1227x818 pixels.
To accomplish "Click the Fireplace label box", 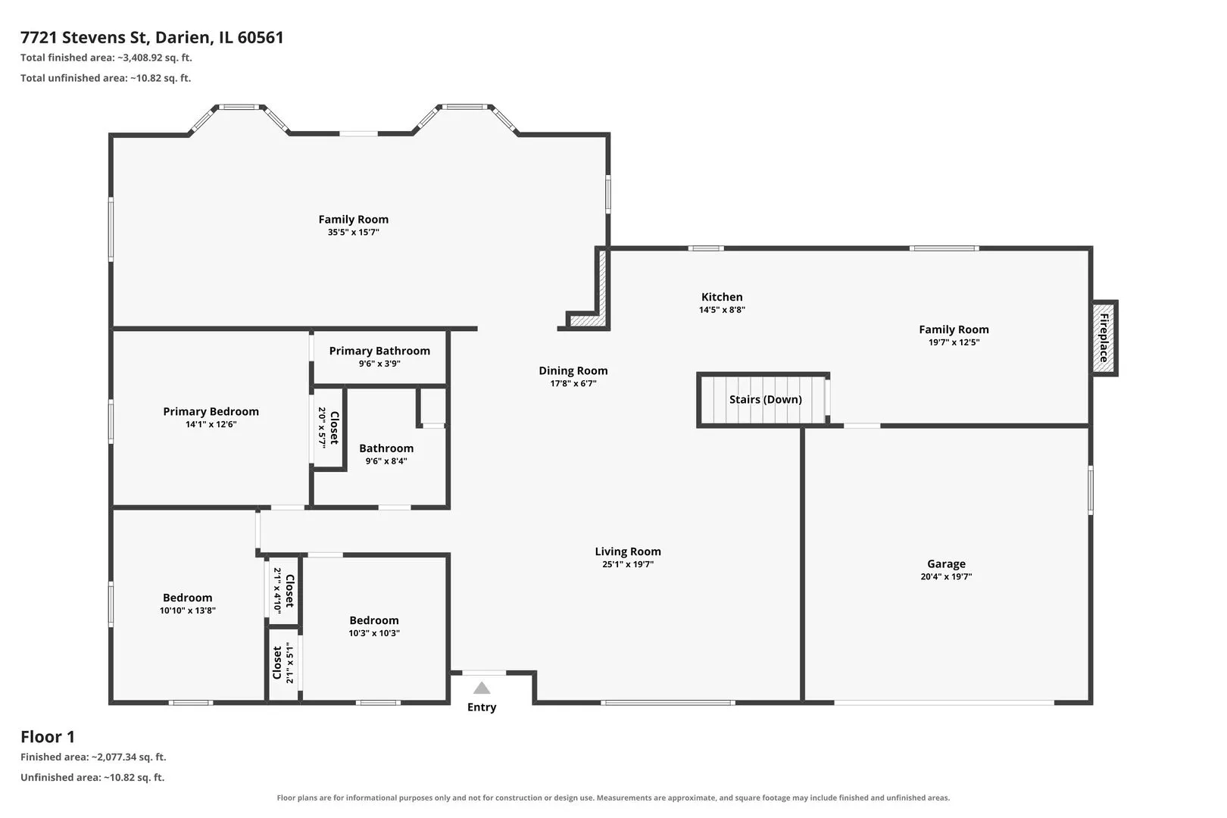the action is coord(1104,338).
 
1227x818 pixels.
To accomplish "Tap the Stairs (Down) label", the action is coord(765,399).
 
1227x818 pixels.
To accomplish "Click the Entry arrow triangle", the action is coord(482,688).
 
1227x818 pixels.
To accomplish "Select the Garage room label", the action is coord(946,564).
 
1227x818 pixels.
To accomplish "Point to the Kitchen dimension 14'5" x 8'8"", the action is coord(722,310).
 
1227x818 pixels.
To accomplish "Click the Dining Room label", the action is coord(573,370).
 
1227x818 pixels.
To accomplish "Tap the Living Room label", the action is coord(628,551).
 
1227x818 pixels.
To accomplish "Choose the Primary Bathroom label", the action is coord(379,351).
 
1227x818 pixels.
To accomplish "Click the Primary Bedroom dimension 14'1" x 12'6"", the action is coord(211,424).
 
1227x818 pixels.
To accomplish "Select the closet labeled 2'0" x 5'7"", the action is coord(328,427).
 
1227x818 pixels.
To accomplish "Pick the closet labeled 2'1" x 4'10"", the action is coord(284,591).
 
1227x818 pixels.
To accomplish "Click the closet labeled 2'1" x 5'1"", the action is coord(283,663).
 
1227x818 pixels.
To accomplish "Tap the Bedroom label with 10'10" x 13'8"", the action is coord(187,597).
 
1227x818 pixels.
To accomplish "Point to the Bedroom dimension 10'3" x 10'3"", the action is coord(374,632).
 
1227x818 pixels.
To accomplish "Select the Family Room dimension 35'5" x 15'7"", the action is coord(353,232).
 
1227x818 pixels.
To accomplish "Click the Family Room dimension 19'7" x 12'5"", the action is coord(954,342).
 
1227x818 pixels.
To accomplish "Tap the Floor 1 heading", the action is coord(48,736).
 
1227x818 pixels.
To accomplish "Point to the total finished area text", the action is coord(106,58).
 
